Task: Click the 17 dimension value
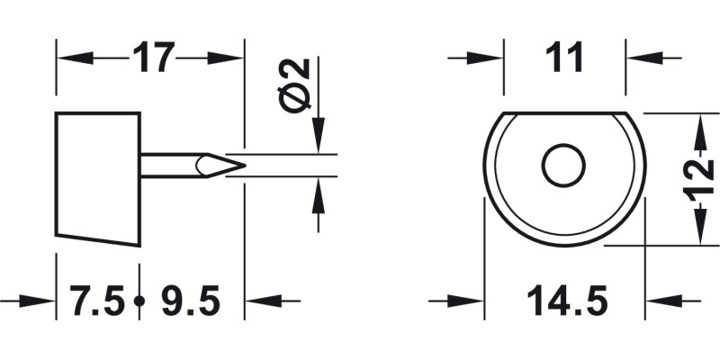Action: click(x=153, y=59)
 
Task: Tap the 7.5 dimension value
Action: click(x=97, y=301)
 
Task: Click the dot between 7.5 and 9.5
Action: click(x=139, y=301)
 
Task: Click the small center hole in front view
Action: click(x=563, y=166)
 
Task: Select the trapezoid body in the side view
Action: click(x=98, y=177)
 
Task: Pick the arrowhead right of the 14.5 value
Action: click(x=659, y=301)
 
